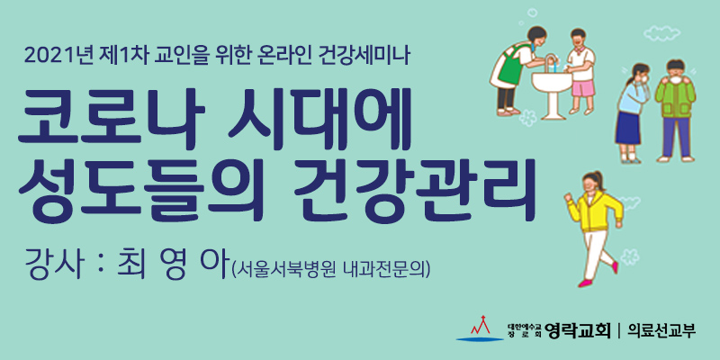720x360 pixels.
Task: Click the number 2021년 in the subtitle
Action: pyautogui.click(x=58, y=57)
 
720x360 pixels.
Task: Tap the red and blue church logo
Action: pyautogui.click(x=480, y=328)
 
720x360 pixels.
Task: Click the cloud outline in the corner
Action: pyautogui.click(x=661, y=32)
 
